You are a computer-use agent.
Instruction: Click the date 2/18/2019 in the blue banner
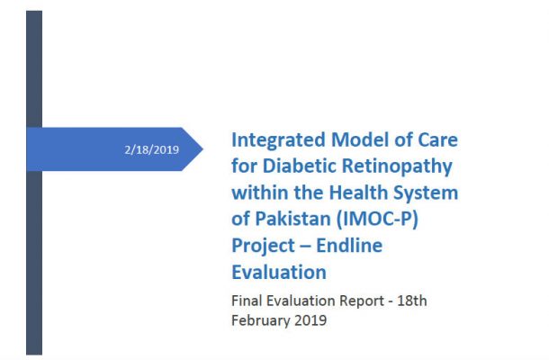coord(151,149)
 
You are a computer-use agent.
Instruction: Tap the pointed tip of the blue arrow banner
coord(202,149)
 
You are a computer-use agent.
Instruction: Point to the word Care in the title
coord(438,139)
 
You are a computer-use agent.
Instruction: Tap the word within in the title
coord(260,193)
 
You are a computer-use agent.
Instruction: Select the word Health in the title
coord(358,193)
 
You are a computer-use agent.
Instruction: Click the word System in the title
coord(426,193)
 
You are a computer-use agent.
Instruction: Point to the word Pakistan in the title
coord(292,219)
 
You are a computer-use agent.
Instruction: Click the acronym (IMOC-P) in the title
coord(377,220)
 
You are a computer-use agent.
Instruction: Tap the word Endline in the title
coord(349,245)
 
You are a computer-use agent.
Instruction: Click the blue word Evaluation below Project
coord(279,272)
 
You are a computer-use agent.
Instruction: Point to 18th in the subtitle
coord(412,301)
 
